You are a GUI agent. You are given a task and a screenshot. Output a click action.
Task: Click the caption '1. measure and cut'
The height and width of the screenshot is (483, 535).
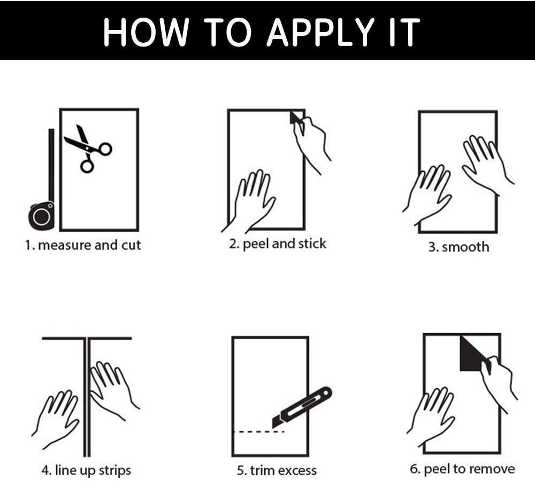pyautogui.click(x=82, y=246)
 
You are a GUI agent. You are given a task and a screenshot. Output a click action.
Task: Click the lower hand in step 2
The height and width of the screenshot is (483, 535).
pyautogui.click(x=251, y=201)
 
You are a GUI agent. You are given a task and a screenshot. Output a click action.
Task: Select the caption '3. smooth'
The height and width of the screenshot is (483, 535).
pyautogui.click(x=458, y=247)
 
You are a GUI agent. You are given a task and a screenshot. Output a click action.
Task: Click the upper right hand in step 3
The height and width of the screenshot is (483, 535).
pyautogui.click(x=486, y=164)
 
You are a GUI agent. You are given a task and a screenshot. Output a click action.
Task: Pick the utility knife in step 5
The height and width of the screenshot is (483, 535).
pyautogui.click(x=302, y=407)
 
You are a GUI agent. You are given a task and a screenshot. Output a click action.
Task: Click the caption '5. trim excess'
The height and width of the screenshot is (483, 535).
pyautogui.click(x=277, y=471)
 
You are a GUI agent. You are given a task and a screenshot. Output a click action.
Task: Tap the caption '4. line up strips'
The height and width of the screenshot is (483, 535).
pyautogui.click(x=86, y=471)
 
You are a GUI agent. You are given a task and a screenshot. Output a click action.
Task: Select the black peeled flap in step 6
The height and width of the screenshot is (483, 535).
pyautogui.click(x=472, y=354)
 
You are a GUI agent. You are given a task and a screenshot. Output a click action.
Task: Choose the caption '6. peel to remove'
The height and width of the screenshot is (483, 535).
pyautogui.click(x=462, y=469)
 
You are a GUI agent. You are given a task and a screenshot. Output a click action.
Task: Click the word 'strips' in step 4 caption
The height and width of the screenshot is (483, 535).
pyautogui.click(x=115, y=471)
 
